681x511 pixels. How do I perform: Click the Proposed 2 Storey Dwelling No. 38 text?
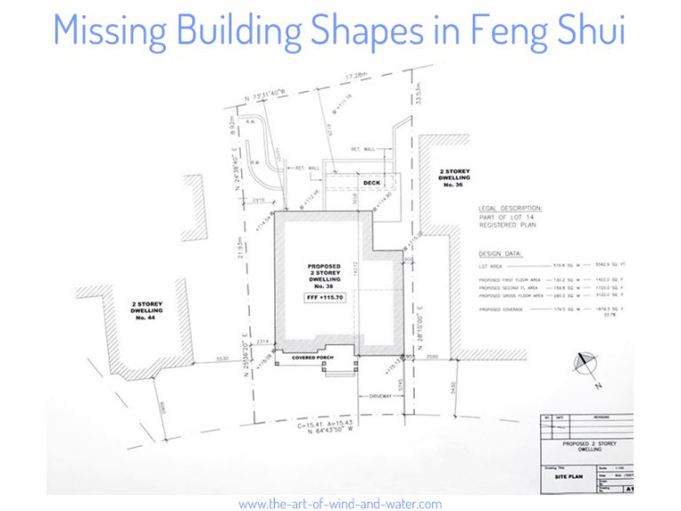coord(326,275)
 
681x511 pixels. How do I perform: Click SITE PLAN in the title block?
coord(567,475)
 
